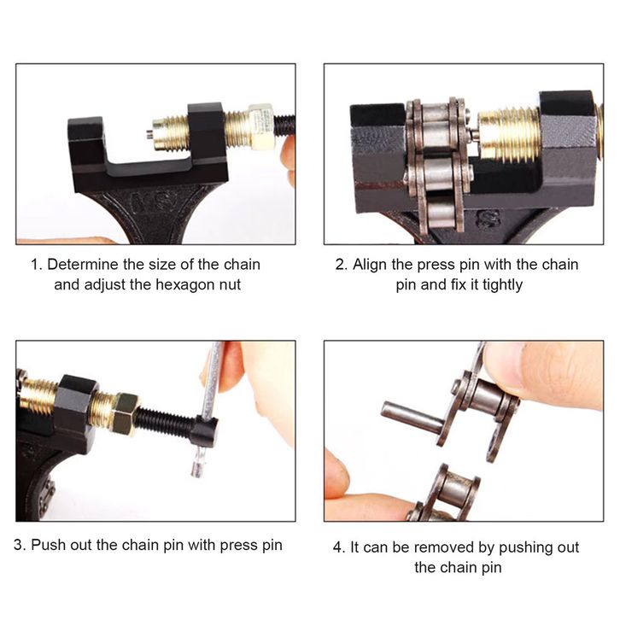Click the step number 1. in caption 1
pos(37,264)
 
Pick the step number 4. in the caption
pos(339,547)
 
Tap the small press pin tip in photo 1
pos(149,134)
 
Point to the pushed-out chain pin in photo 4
pos(412,416)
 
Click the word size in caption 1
pos(161,264)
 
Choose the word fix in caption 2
pos(459,284)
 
